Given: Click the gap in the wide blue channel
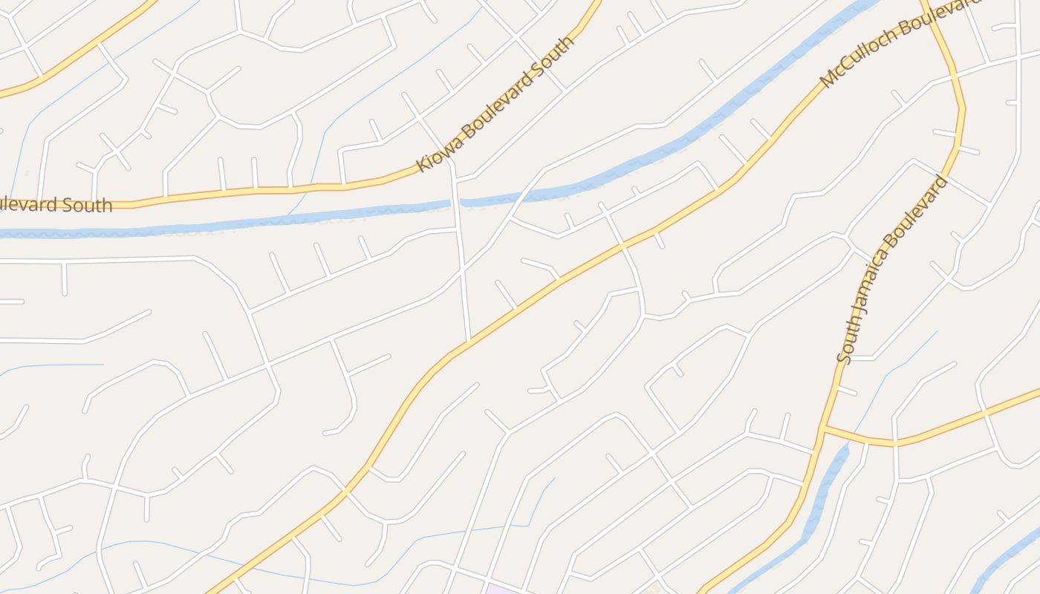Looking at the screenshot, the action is [455, 202].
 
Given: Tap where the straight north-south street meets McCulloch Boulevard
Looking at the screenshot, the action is [469, 341].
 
